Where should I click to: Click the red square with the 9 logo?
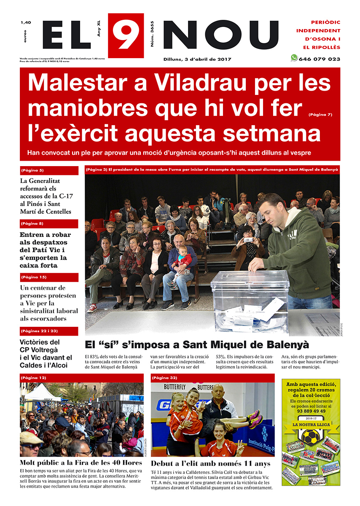coord(126,35)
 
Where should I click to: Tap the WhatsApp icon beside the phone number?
coord(294,58)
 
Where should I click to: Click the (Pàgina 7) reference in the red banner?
coord(320,114)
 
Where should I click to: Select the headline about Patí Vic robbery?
coord(45,250)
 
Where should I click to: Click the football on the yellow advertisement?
coord(311,436)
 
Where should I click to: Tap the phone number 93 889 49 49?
coord(311,410)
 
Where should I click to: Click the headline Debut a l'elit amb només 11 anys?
coord(210,464)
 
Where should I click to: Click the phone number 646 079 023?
coord(319,59)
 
